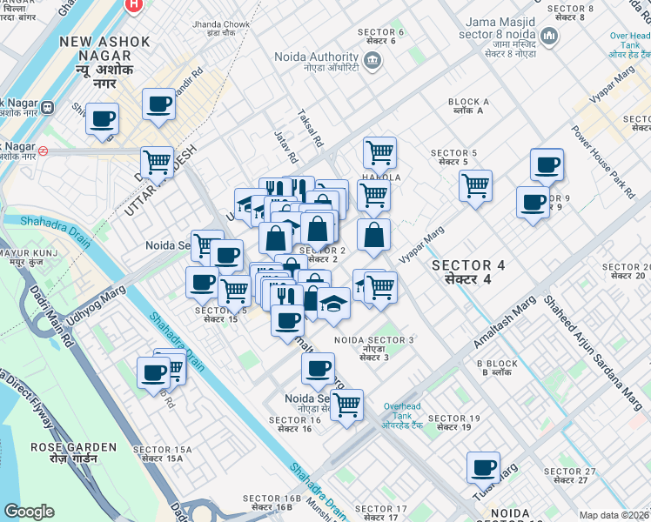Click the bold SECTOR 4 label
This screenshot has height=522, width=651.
[x=467, y=264]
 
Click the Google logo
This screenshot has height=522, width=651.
[x=29, y=512]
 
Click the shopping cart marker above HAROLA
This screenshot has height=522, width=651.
[x=379, y=152]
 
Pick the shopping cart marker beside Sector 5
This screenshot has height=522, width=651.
[x=475, y=184]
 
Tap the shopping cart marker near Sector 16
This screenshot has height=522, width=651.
[x=346, y=404]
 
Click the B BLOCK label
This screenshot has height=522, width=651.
[x=497, y=364]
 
